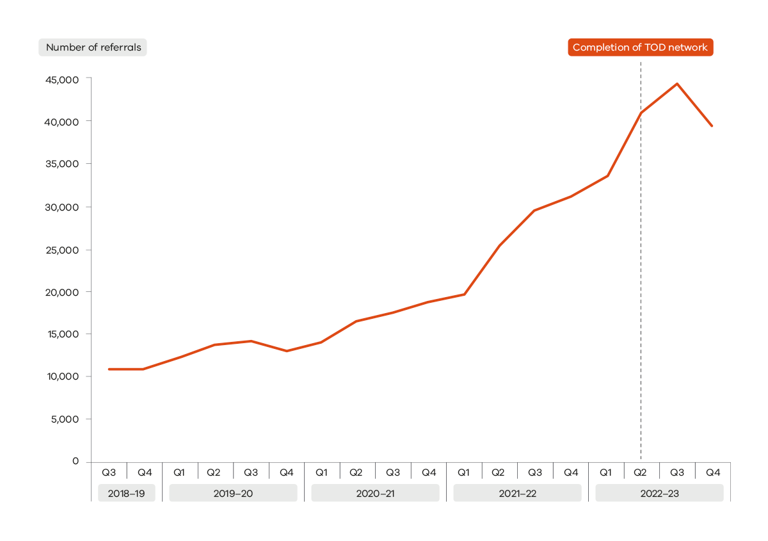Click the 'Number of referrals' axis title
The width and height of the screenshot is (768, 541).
pos(93,47)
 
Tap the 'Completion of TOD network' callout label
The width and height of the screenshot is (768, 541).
pos(640,47)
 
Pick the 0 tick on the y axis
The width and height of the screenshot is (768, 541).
pos(76,461)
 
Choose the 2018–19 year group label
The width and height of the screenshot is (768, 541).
pos(127,493)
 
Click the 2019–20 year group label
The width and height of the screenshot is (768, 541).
pos(233,493)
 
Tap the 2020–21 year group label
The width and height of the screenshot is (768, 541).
pos(375,493)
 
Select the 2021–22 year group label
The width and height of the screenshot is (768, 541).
pos(517,493)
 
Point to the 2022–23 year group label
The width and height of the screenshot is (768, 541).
pos(659,493)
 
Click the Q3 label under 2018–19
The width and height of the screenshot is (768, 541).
pos(109,472)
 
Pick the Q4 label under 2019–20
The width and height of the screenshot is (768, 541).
pos(287,472)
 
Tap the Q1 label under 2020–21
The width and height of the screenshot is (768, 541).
pos(322,472)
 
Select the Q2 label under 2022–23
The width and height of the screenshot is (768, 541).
pos(641,472)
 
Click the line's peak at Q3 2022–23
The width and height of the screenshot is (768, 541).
pos(676,84)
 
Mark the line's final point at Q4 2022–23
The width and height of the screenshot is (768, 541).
pos(712,125)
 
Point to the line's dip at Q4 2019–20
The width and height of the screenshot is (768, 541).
pos(287,351)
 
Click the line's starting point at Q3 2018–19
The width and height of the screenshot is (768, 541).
pos(109,369)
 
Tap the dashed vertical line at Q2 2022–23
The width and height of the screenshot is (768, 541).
pos(641,288)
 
